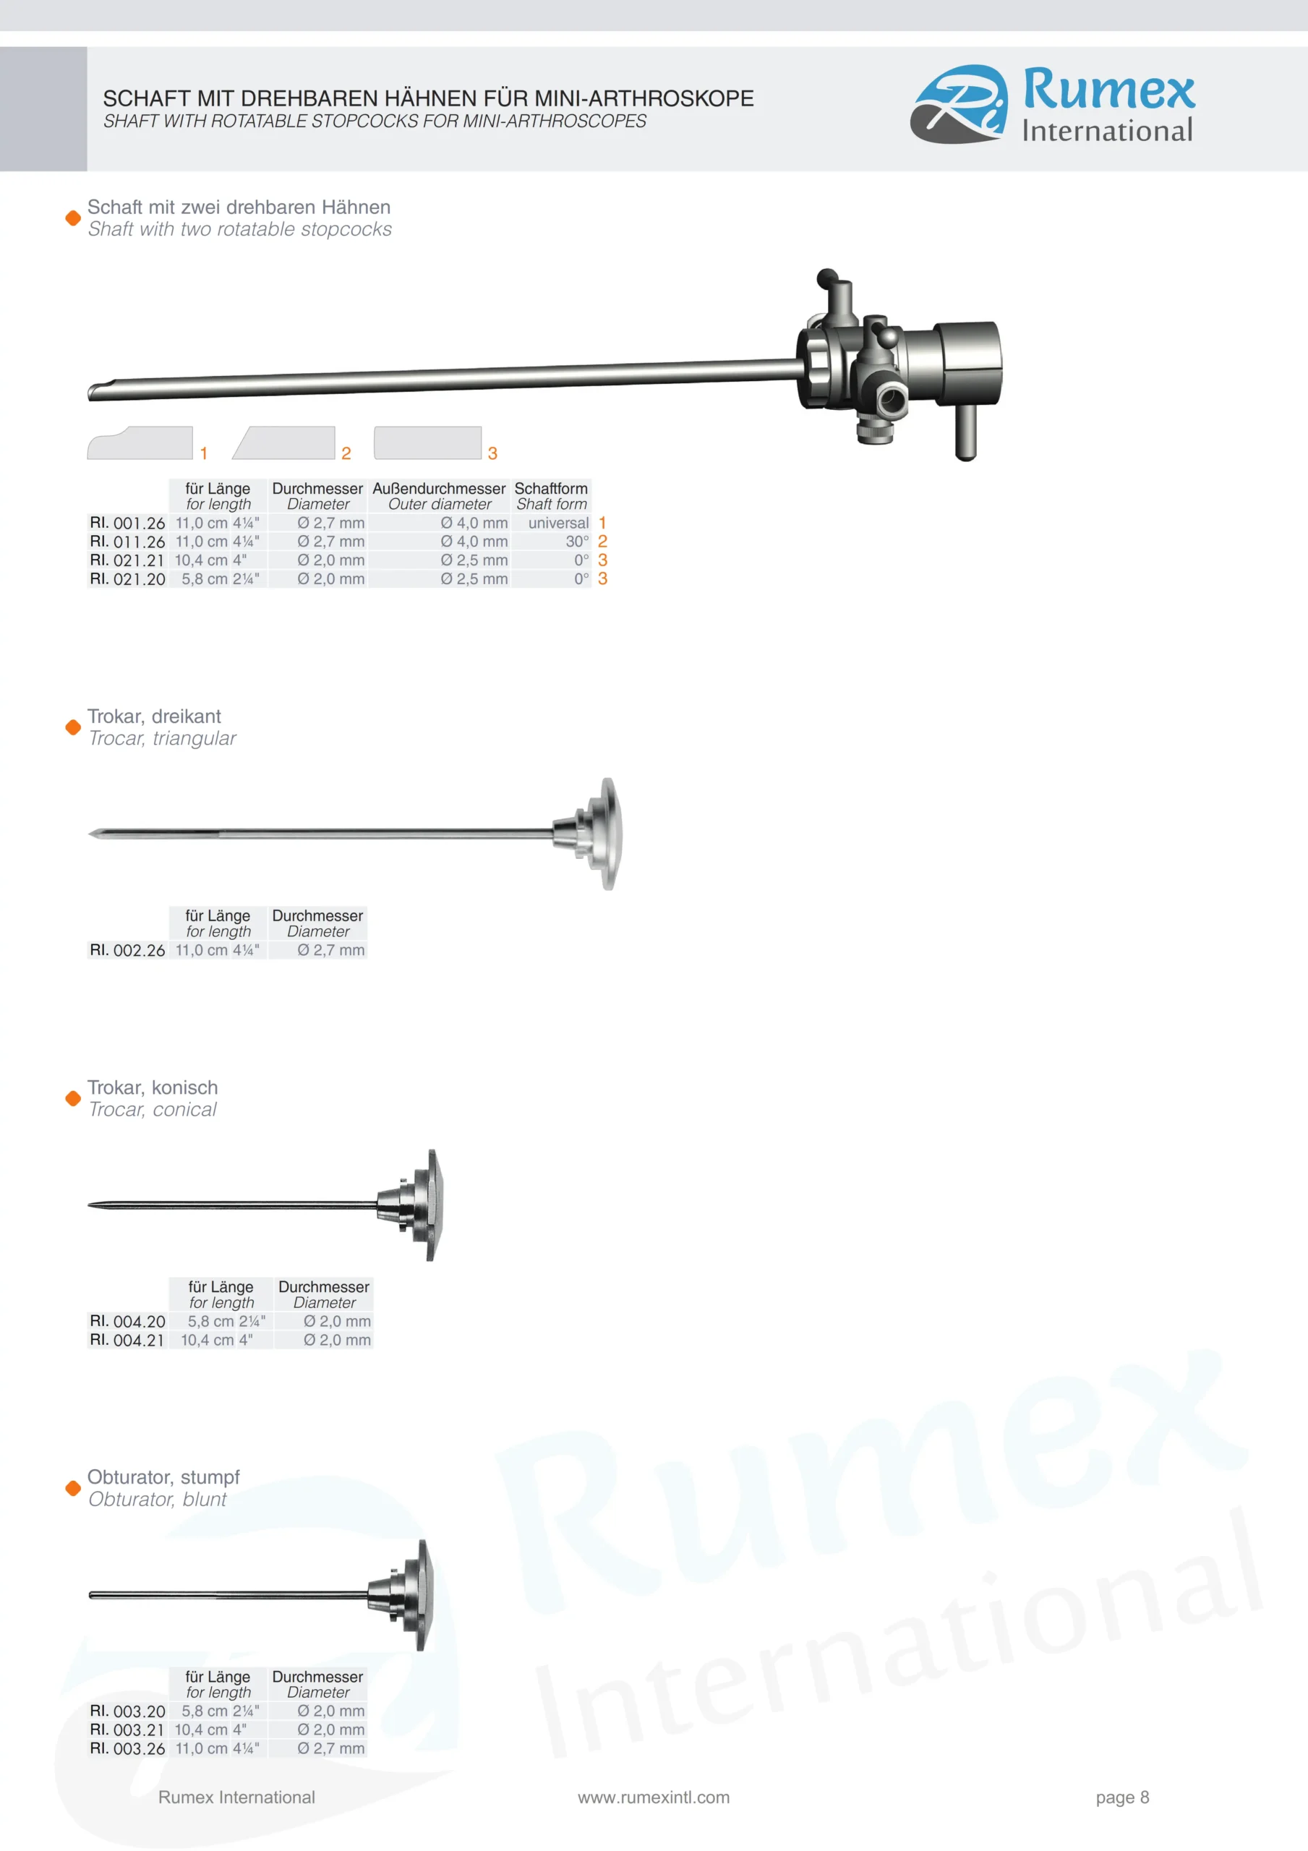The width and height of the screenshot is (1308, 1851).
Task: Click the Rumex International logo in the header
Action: (x=1052, y=105)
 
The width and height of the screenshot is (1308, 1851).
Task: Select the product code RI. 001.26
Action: (x=127, y=523)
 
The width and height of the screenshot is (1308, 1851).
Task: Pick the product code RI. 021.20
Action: (x=127, y=579)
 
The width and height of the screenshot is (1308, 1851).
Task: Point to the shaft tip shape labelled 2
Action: (x=284, y=443)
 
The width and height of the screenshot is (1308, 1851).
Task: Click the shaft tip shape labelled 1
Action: (x=140, y=443)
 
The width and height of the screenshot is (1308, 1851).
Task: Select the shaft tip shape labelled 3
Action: (x=427, y=443)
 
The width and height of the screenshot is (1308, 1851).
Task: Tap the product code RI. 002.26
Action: (x=127, y=951)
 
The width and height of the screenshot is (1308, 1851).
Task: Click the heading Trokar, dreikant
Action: (x=154, y=716)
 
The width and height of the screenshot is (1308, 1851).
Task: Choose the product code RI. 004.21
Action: (x=127, y=1340)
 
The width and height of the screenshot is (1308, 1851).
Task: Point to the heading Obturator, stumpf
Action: (x=163, y=1477)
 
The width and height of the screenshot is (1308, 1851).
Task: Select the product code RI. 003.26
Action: (x=127, y=1748)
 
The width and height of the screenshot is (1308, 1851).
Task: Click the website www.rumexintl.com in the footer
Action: (x=653, y=1797)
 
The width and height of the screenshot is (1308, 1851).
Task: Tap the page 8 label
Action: (x=1122, y=1797)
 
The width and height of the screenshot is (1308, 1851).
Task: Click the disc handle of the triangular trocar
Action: (x=608, y=834)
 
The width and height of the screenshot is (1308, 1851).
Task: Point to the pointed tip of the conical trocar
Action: (x=89, y=1205)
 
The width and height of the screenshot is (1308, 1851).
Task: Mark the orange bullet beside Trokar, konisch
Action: (x=72, y=1098)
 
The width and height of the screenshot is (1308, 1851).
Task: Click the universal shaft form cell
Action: (x=558, y=523)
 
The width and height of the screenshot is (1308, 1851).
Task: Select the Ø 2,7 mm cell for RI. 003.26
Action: (x=330, y=1748)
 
